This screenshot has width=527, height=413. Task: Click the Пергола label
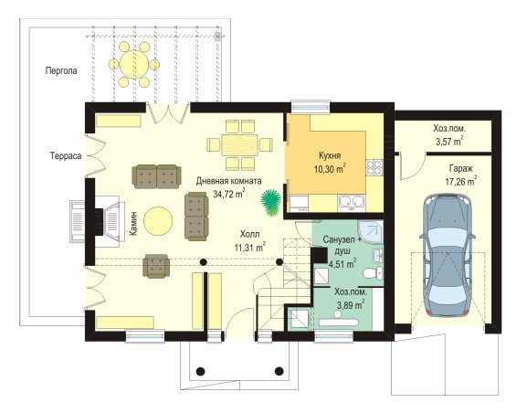tap(61, 71)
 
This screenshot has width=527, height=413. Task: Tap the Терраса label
tap(66, 156)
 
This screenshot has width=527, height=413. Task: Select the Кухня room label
tap(330, 155)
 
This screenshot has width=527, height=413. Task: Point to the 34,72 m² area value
tap(229, 194)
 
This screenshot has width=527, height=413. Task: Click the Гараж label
tap(460, 168)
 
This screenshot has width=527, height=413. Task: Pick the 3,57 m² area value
tap(449, 141)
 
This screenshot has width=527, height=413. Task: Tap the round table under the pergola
tap(134, 64)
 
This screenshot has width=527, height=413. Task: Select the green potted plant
tap(271, 202)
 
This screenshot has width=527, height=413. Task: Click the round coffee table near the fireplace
tap(158, 221)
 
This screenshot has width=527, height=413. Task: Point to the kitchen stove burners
tap(374, 167)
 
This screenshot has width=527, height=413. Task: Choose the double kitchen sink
tap(352, 203)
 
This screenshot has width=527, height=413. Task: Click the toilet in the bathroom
tap(373, 272)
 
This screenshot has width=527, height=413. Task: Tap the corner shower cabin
tap(371, 232)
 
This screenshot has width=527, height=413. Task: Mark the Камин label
tap(133, 223)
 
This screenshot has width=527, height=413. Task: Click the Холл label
tap(249, 234)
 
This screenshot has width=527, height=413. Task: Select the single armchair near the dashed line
tap(156, 266)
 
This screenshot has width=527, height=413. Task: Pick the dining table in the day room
tap(240, 145)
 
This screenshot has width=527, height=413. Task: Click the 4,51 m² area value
tap(343, 263)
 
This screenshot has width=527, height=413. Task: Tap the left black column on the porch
tap(201, 371)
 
